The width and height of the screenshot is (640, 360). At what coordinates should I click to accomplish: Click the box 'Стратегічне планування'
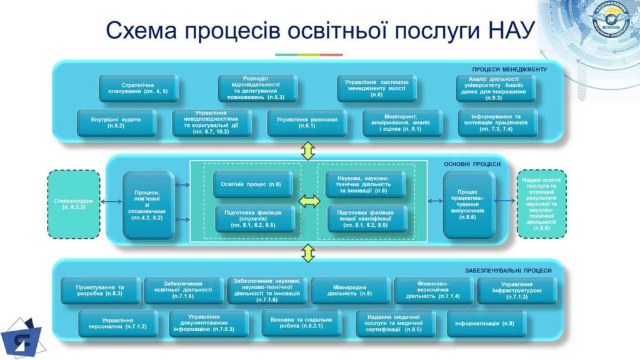click(138, 88)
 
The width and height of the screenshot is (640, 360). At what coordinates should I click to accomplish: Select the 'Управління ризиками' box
click(306, 122)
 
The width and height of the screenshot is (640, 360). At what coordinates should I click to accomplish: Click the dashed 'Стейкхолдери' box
click(74, 204)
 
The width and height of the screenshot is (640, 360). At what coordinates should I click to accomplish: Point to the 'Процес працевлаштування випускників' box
click(469, 204)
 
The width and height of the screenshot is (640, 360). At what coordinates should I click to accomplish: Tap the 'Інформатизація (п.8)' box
click(486, 323)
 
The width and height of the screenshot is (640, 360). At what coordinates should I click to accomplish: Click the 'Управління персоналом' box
click(117, 323)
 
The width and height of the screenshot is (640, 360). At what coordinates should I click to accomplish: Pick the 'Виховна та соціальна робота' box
click(301, 323)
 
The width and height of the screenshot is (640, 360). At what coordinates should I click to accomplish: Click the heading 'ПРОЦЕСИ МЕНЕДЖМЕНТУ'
click(509, 69)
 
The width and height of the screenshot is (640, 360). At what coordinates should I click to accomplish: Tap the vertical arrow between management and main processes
click(308, 151)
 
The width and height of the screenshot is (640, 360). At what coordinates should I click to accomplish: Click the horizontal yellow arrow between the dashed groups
click(309, 201)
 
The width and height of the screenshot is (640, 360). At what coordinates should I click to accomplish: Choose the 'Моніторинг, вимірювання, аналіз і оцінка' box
click(402, 122)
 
